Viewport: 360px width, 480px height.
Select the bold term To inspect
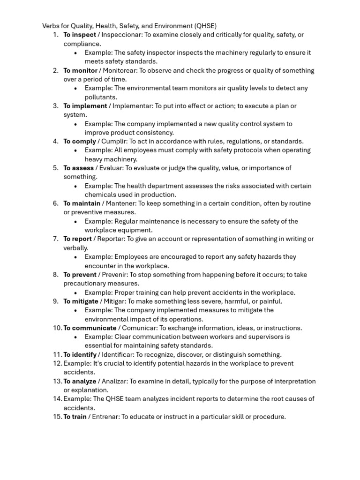79,35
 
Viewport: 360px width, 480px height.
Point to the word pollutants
101,97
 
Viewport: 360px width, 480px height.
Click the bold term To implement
85,106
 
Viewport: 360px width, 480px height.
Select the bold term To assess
78,168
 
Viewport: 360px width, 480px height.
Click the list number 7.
55,239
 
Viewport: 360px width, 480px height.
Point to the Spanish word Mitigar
114,301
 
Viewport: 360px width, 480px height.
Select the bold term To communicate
90,328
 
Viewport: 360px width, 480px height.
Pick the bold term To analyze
80,382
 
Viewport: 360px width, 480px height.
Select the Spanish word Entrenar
105,417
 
